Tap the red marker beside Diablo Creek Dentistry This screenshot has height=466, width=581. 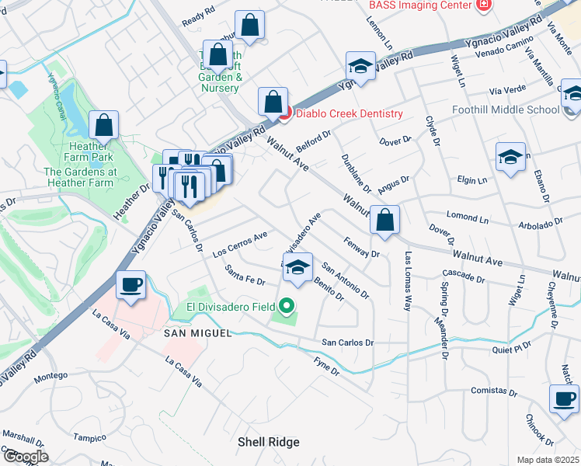pos(284,114)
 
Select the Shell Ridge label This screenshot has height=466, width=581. pos(268,442)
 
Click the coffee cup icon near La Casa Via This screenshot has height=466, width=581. pos(131,283)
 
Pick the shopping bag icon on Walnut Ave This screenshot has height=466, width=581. pos(384,220)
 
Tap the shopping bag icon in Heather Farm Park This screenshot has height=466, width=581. pos(103,125)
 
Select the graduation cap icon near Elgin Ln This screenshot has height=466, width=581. pos(510,157)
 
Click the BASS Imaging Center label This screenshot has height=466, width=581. pos(420,5)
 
